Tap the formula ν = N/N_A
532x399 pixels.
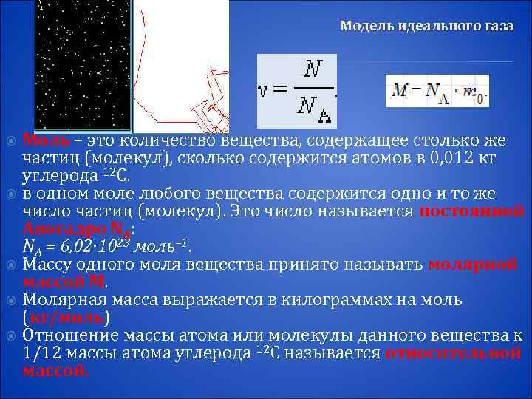coord(296,91)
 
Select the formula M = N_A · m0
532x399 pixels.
coord(437,91)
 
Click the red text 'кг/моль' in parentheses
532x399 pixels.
coord(66,318)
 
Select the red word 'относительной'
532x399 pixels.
coord(453,352)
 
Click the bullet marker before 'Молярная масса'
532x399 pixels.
coord(10,300)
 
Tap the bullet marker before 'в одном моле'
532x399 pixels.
coord(10,194)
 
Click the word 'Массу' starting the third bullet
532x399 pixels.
coord(46,264)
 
